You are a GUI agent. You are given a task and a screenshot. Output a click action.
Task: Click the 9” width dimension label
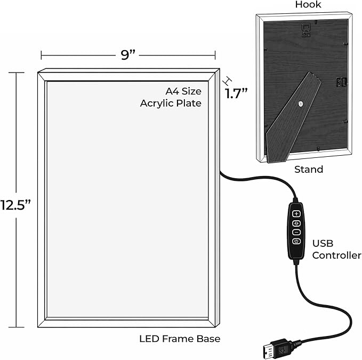(x=127, y=55)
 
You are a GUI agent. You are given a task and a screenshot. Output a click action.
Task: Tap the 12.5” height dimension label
(x=15, y=205)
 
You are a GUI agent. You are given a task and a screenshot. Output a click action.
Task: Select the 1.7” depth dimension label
(x=236, y=93)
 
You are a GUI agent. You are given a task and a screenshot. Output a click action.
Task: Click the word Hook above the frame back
(x=308, y=5)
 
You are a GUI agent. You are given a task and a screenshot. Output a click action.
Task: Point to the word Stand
(x=309, y=169)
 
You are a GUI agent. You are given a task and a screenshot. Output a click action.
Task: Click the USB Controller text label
(x=336, y=250)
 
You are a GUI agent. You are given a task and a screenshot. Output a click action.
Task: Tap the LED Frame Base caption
(x=180, y=339)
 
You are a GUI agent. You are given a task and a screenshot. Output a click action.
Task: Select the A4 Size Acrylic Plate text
(x=171, y=97)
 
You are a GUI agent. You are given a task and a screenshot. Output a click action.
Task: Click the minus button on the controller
(x=296, y=233)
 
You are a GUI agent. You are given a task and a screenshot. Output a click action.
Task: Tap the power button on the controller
(x=296, y=241)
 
